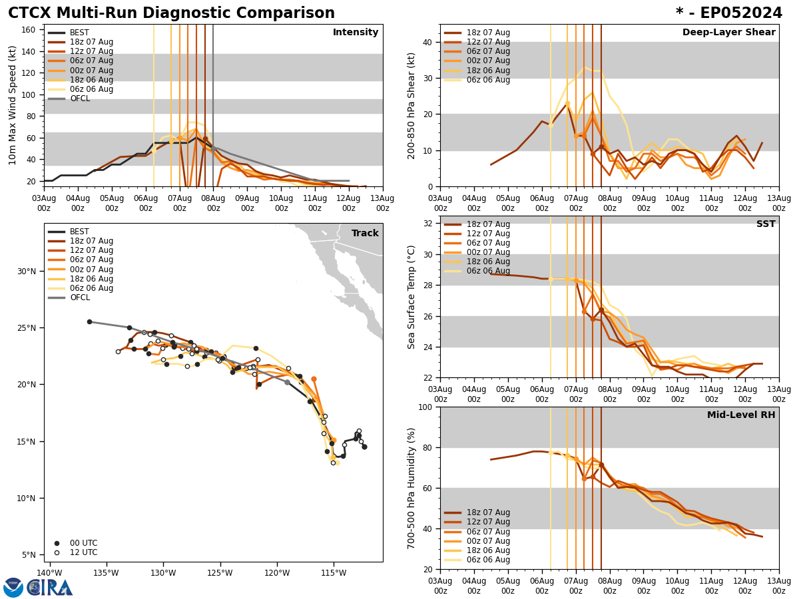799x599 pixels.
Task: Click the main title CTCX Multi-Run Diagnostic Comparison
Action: tap(171, 13)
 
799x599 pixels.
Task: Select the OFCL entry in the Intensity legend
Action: tap(80, 99)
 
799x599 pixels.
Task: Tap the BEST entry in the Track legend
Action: tap(79, 232)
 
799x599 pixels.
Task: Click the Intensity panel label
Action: tap(356, 33)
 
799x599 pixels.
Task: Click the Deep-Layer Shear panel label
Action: tap(728, 33)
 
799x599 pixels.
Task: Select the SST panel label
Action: tap(766, 224)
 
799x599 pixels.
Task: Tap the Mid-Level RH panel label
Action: tap(741, 415)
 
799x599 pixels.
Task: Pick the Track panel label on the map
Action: tap(365, 234)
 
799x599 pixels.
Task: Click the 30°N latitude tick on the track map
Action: tap(27, 272)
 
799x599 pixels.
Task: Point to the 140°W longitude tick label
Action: tap(49, 572)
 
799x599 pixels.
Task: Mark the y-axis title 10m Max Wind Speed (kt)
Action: tap(13, 105)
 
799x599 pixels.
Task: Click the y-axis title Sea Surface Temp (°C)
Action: tap(412, 297)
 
